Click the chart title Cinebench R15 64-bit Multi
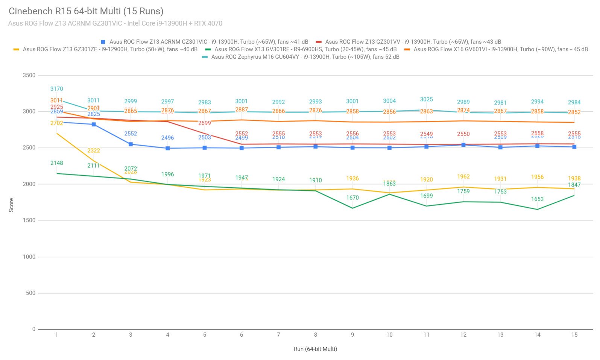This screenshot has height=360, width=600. (86, 11)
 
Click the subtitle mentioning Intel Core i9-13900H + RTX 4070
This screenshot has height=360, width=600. (115, 23)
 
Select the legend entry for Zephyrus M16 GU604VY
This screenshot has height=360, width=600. (305, 57)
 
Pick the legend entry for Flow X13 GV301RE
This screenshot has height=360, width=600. (305, 49)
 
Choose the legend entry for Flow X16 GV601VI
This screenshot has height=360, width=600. (500, 49)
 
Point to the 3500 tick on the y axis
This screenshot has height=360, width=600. (29, 75)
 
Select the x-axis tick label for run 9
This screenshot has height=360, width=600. (352, 335)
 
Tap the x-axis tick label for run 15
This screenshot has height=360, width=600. (574, 335)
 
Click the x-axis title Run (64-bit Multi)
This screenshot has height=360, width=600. (315, 349)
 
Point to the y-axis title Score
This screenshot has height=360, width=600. (11, 205)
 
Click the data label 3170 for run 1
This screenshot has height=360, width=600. (57, 89)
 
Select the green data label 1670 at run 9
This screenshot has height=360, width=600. (352, 197)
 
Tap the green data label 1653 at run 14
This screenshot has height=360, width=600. (537, 199)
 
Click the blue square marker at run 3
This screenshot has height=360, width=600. (131, 144)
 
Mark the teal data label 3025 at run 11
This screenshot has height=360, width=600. (426, 99)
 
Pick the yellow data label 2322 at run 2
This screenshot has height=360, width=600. (94, 150)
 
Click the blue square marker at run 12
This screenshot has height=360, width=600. (463, 145)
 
